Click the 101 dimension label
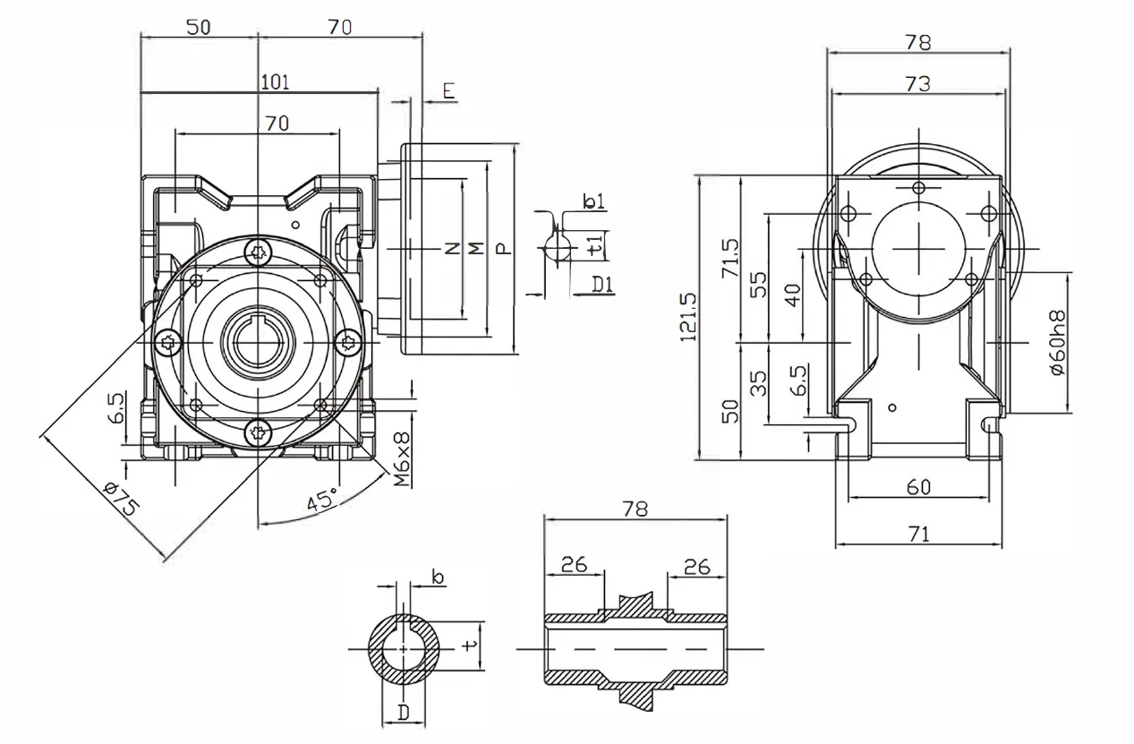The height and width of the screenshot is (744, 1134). click(274, 82)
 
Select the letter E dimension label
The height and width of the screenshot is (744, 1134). click(448, 90)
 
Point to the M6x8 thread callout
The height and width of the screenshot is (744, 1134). click(403, 460)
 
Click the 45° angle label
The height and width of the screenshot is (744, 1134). click(322, 500)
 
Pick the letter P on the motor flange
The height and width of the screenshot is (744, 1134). click(504, 248)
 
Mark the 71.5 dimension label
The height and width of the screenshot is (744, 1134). click(730, 258)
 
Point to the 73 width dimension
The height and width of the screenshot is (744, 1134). click(917, 83)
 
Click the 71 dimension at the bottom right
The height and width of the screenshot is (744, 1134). click(918, 534)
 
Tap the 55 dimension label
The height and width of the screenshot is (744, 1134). click(758, 285)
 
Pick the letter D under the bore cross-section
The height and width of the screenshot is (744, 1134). click(404, 713)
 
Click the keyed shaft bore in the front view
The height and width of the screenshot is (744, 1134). click(258, 342)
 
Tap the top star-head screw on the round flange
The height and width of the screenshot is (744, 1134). click(259, 252)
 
